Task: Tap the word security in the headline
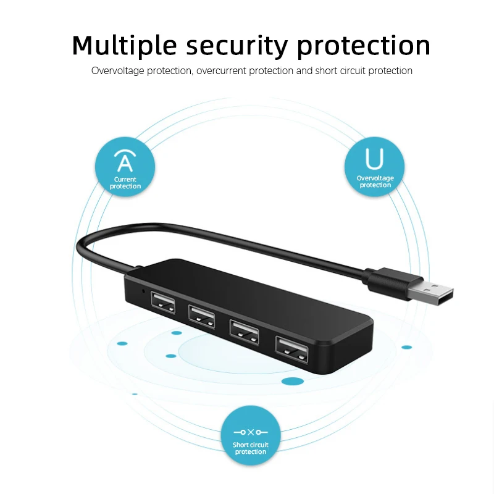click(236, 46)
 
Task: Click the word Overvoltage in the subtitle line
click(118, 70)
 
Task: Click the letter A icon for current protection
click(125, 162)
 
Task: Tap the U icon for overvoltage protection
click(374, 159)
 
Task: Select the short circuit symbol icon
click(250, 432)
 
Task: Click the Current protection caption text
click(125, 183)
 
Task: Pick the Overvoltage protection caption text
click(375, 182)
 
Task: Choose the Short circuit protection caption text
click(250, 448)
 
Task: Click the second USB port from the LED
click(202, 315)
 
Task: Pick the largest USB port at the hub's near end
click(293, 351)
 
